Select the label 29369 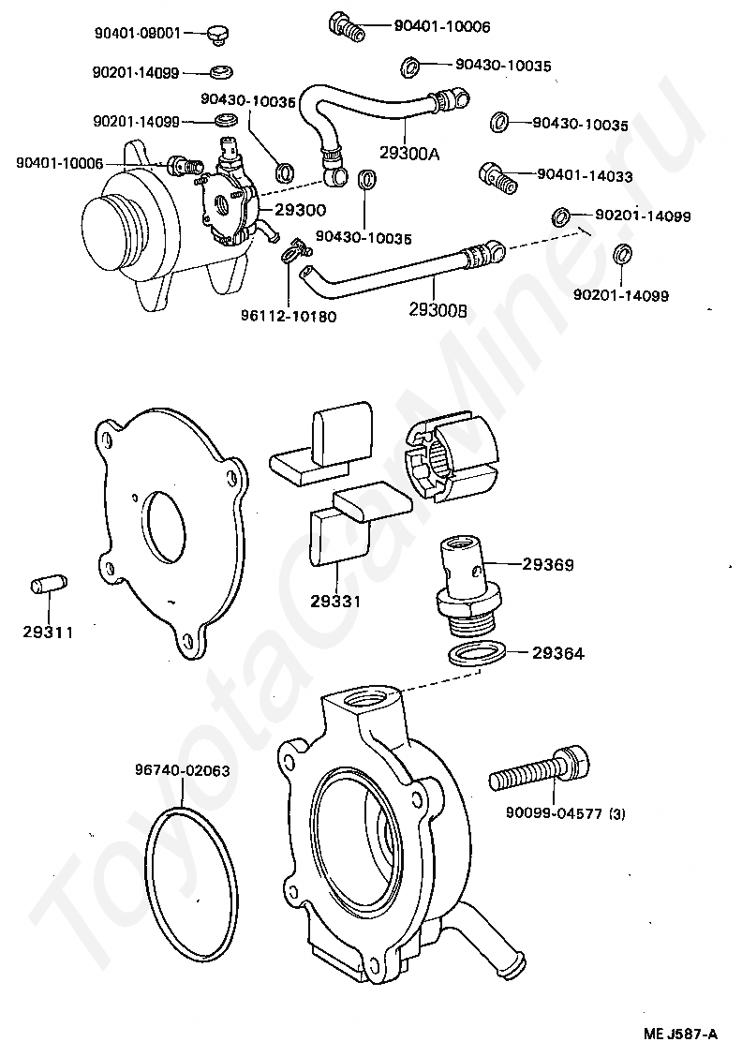[548, 565]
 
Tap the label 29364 [558, 653]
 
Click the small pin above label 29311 [45, 587]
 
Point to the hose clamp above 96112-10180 [293, 249]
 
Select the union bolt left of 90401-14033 [497, 175]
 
